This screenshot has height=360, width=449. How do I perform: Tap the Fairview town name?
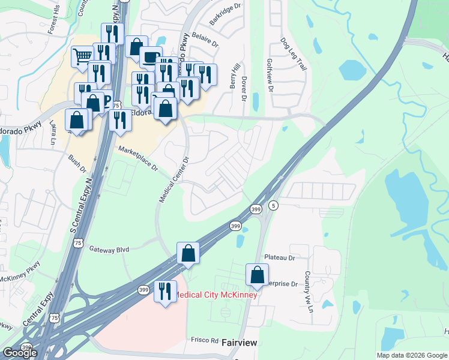(x=240, y=343)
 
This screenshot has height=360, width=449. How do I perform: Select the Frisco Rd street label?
(x=203, y=340)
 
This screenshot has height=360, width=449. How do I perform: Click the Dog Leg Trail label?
(x=294, y=55)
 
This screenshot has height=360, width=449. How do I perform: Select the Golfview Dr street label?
(x=270, y=78)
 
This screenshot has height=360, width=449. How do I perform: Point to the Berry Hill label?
(x=236, y=76)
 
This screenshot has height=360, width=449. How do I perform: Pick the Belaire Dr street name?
(x=205, y=43)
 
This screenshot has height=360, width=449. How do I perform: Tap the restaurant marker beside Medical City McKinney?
(x=165, y=292)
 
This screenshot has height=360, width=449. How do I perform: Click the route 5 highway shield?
(x=273, y=205)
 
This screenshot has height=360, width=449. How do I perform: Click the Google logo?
(x=20, y=352)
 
